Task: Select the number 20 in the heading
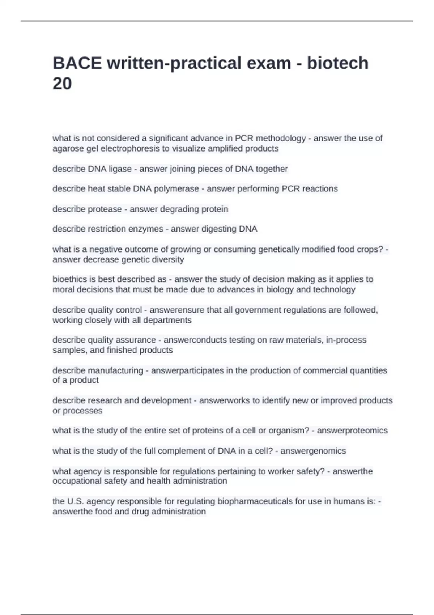(x=62, y=84)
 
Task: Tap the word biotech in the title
(x=338, y=63)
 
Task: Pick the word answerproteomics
(x=352, y=430)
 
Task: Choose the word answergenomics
(x=313, y=451)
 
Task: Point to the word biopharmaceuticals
(x=254, y=501)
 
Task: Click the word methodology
(x=281, y=139)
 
